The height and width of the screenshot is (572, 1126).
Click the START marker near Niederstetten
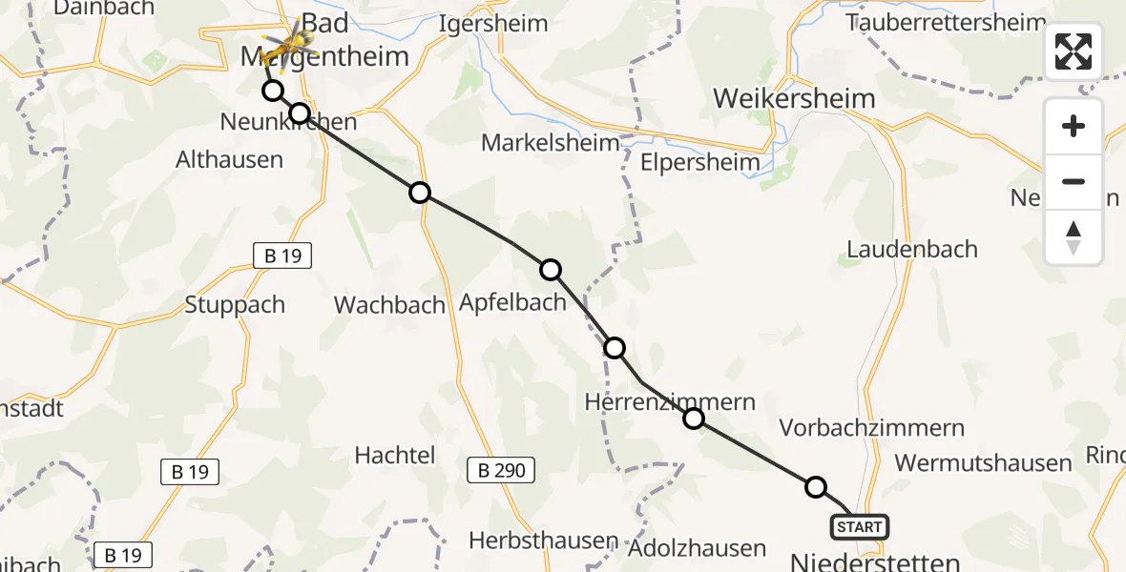coord(861,527)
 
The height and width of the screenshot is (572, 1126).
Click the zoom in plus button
coord(1074,127)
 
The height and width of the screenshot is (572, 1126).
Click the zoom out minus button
coord(1074,181)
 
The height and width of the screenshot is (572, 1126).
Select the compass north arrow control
coord(1074,236)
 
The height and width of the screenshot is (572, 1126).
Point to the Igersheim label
coord(493,23)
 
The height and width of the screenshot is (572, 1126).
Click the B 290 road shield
coord(501,469)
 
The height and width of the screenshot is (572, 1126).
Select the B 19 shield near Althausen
coord(282,255)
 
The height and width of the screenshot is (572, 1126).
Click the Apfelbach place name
coord(512,303)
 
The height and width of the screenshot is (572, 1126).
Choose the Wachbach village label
coord(389,305)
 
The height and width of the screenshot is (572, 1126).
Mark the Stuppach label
coord(235,305)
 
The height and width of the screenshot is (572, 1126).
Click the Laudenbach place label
coord(912,249)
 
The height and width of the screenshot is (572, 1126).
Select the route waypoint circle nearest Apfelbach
coord(551,270)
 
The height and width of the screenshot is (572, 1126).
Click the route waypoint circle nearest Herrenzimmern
coord(694,418)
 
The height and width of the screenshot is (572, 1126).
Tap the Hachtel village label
coord(395,455)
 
